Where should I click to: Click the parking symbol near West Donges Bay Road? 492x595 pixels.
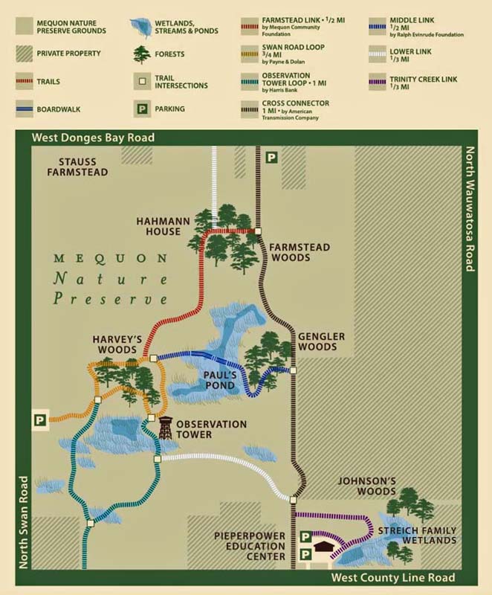coord(272,158)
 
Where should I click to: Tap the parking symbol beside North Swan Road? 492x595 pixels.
coord(38,420)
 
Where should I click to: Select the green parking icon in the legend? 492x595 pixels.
coord(140,109)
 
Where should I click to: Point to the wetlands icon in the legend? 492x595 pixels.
coord(140,28)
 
